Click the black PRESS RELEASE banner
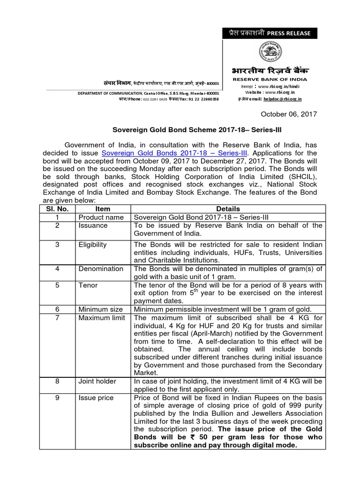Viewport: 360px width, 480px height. tap(270, 33)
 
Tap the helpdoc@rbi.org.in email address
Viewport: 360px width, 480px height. tap(283, 99)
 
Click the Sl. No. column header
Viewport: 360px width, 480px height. tap(56, 209)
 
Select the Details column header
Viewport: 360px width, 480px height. tap(228, 209)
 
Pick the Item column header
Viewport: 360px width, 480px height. tap(103, 209)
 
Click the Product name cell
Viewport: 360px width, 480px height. tap(101, 217)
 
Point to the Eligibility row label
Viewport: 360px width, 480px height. tap(93, 244)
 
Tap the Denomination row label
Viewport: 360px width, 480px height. tap(101, 269)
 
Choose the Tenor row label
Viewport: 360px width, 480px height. tap(88, 285)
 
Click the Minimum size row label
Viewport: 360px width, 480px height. tap(101, 309)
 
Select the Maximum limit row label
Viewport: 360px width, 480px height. tap(102, 318)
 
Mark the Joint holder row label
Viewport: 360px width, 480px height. tap(97, 381)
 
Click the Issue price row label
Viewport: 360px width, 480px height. tap(96, 397)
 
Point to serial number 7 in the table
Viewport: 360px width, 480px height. tap(56, 318)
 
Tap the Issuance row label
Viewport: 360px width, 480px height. tap(93, 225)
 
